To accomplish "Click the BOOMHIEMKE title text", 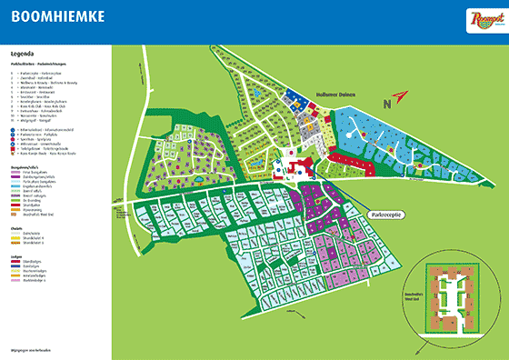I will pos(56,15).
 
